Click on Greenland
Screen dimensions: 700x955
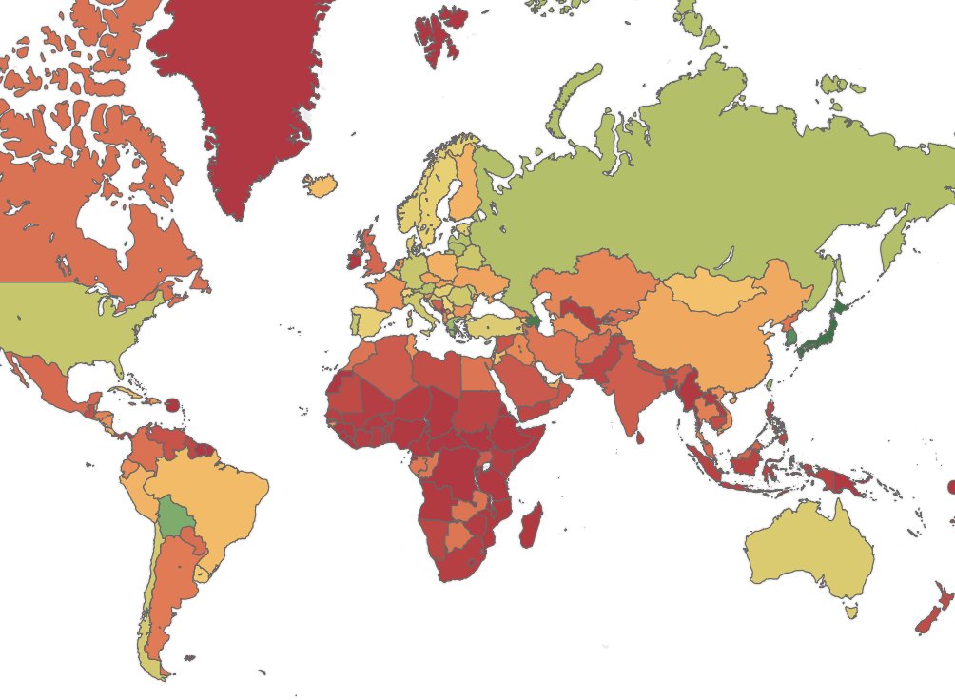coord(243,95)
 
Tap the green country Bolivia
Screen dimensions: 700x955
coord(173,517)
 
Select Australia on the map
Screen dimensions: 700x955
coord(809,552)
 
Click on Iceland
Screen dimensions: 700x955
coord(322,185)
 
